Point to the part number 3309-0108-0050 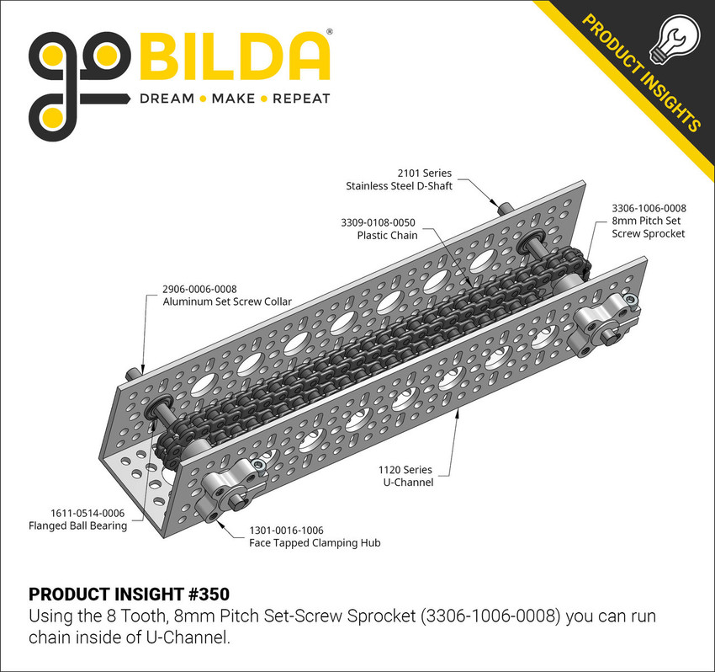(379, 222)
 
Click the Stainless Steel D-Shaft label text (399, 185)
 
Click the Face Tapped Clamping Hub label (315, 543)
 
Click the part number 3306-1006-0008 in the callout (649, 207)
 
